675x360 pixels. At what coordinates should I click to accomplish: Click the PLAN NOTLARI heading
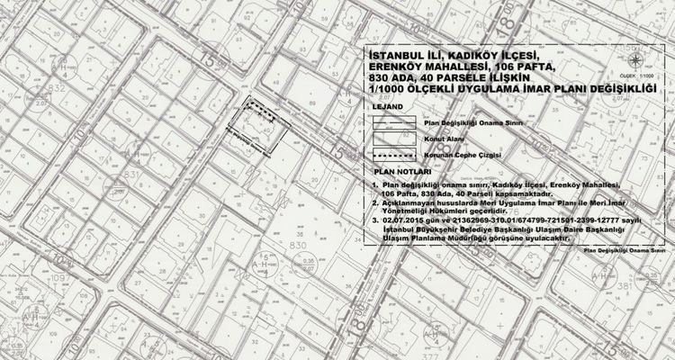pyautogui.click(x=400, y=169)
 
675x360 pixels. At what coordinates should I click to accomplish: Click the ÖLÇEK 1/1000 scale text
pyautogui.click(x=639, y=78)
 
